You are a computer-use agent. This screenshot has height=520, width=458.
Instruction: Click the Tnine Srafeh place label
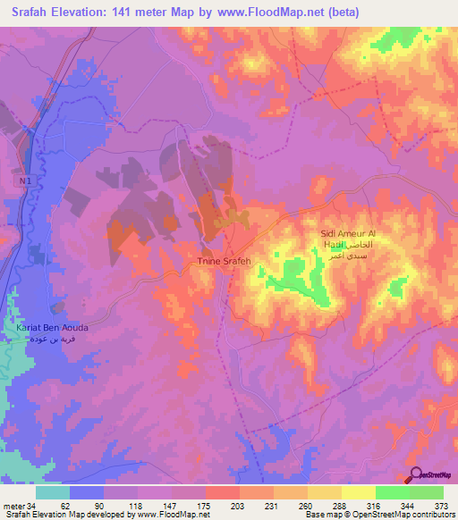[x=224, y=261]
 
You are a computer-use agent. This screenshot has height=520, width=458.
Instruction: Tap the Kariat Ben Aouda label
[x=51, y=328]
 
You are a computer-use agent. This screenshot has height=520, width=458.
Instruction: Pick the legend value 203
[x=238, y=504]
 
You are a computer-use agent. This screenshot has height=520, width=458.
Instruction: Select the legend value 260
[x=304, y=504]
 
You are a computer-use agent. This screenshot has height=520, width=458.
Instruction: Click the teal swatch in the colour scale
[x=53, y=492]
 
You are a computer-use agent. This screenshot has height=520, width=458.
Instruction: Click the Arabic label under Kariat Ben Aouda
[x=51, y=340]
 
